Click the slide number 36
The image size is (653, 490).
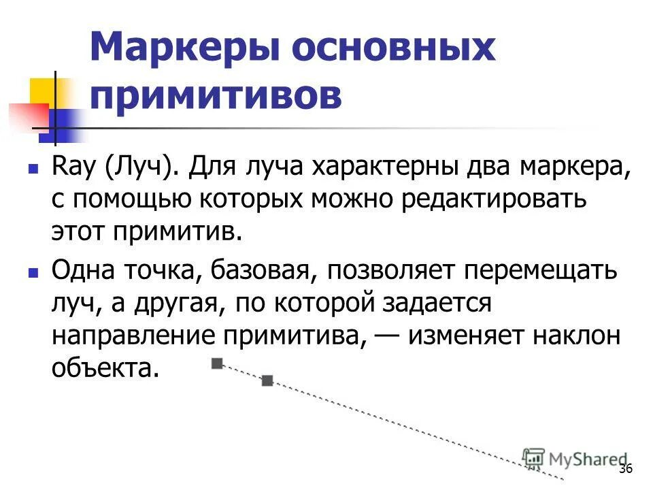(x=626, y=469)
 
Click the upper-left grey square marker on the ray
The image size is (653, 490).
(x=217, y=363)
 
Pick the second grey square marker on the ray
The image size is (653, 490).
(x=267, y=381)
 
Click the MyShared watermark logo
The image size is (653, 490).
(x=575, y=459)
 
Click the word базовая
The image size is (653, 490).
(x=262, y=272)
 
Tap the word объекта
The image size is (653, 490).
(x=105, y=367)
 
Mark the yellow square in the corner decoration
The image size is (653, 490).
(x=42, y=92)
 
